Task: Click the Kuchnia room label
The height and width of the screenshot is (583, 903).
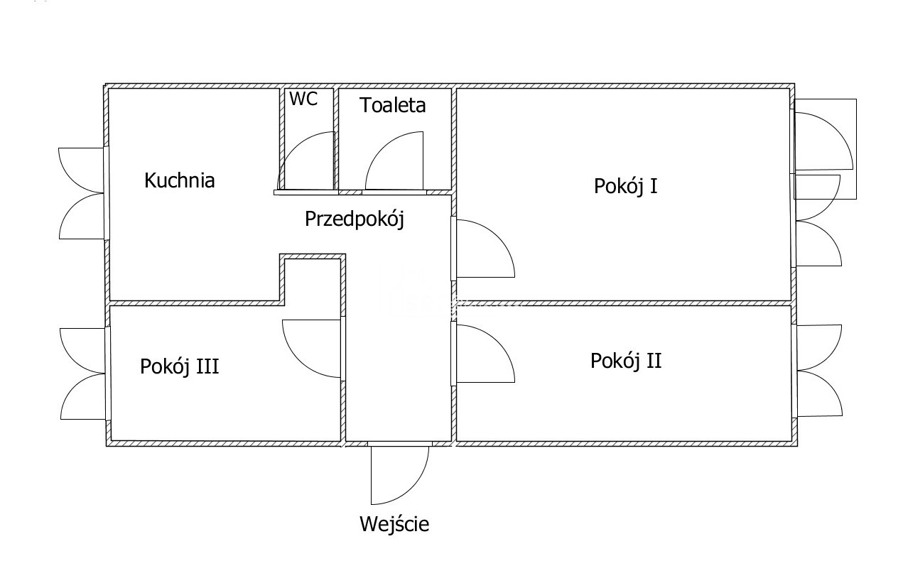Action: click(179, 180)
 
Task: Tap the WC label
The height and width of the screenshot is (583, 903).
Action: click(303, 99)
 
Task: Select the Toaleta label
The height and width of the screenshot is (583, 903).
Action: click(392, 105)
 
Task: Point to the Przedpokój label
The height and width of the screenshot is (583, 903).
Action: click(354, 219)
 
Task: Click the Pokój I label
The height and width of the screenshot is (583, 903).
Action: click(625, 186)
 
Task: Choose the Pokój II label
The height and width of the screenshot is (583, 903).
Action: click(626, 361)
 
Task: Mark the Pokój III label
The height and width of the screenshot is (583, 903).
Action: click(179, 366)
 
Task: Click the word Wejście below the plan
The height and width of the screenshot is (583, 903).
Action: click(394, 525)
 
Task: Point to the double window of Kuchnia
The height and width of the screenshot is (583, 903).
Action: click(84, 193)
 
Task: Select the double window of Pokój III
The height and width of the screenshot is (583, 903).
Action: click(84, 374)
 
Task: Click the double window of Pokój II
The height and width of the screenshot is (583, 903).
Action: click(818, 370)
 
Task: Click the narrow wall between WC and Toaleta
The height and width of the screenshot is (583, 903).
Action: click(336, 139)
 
